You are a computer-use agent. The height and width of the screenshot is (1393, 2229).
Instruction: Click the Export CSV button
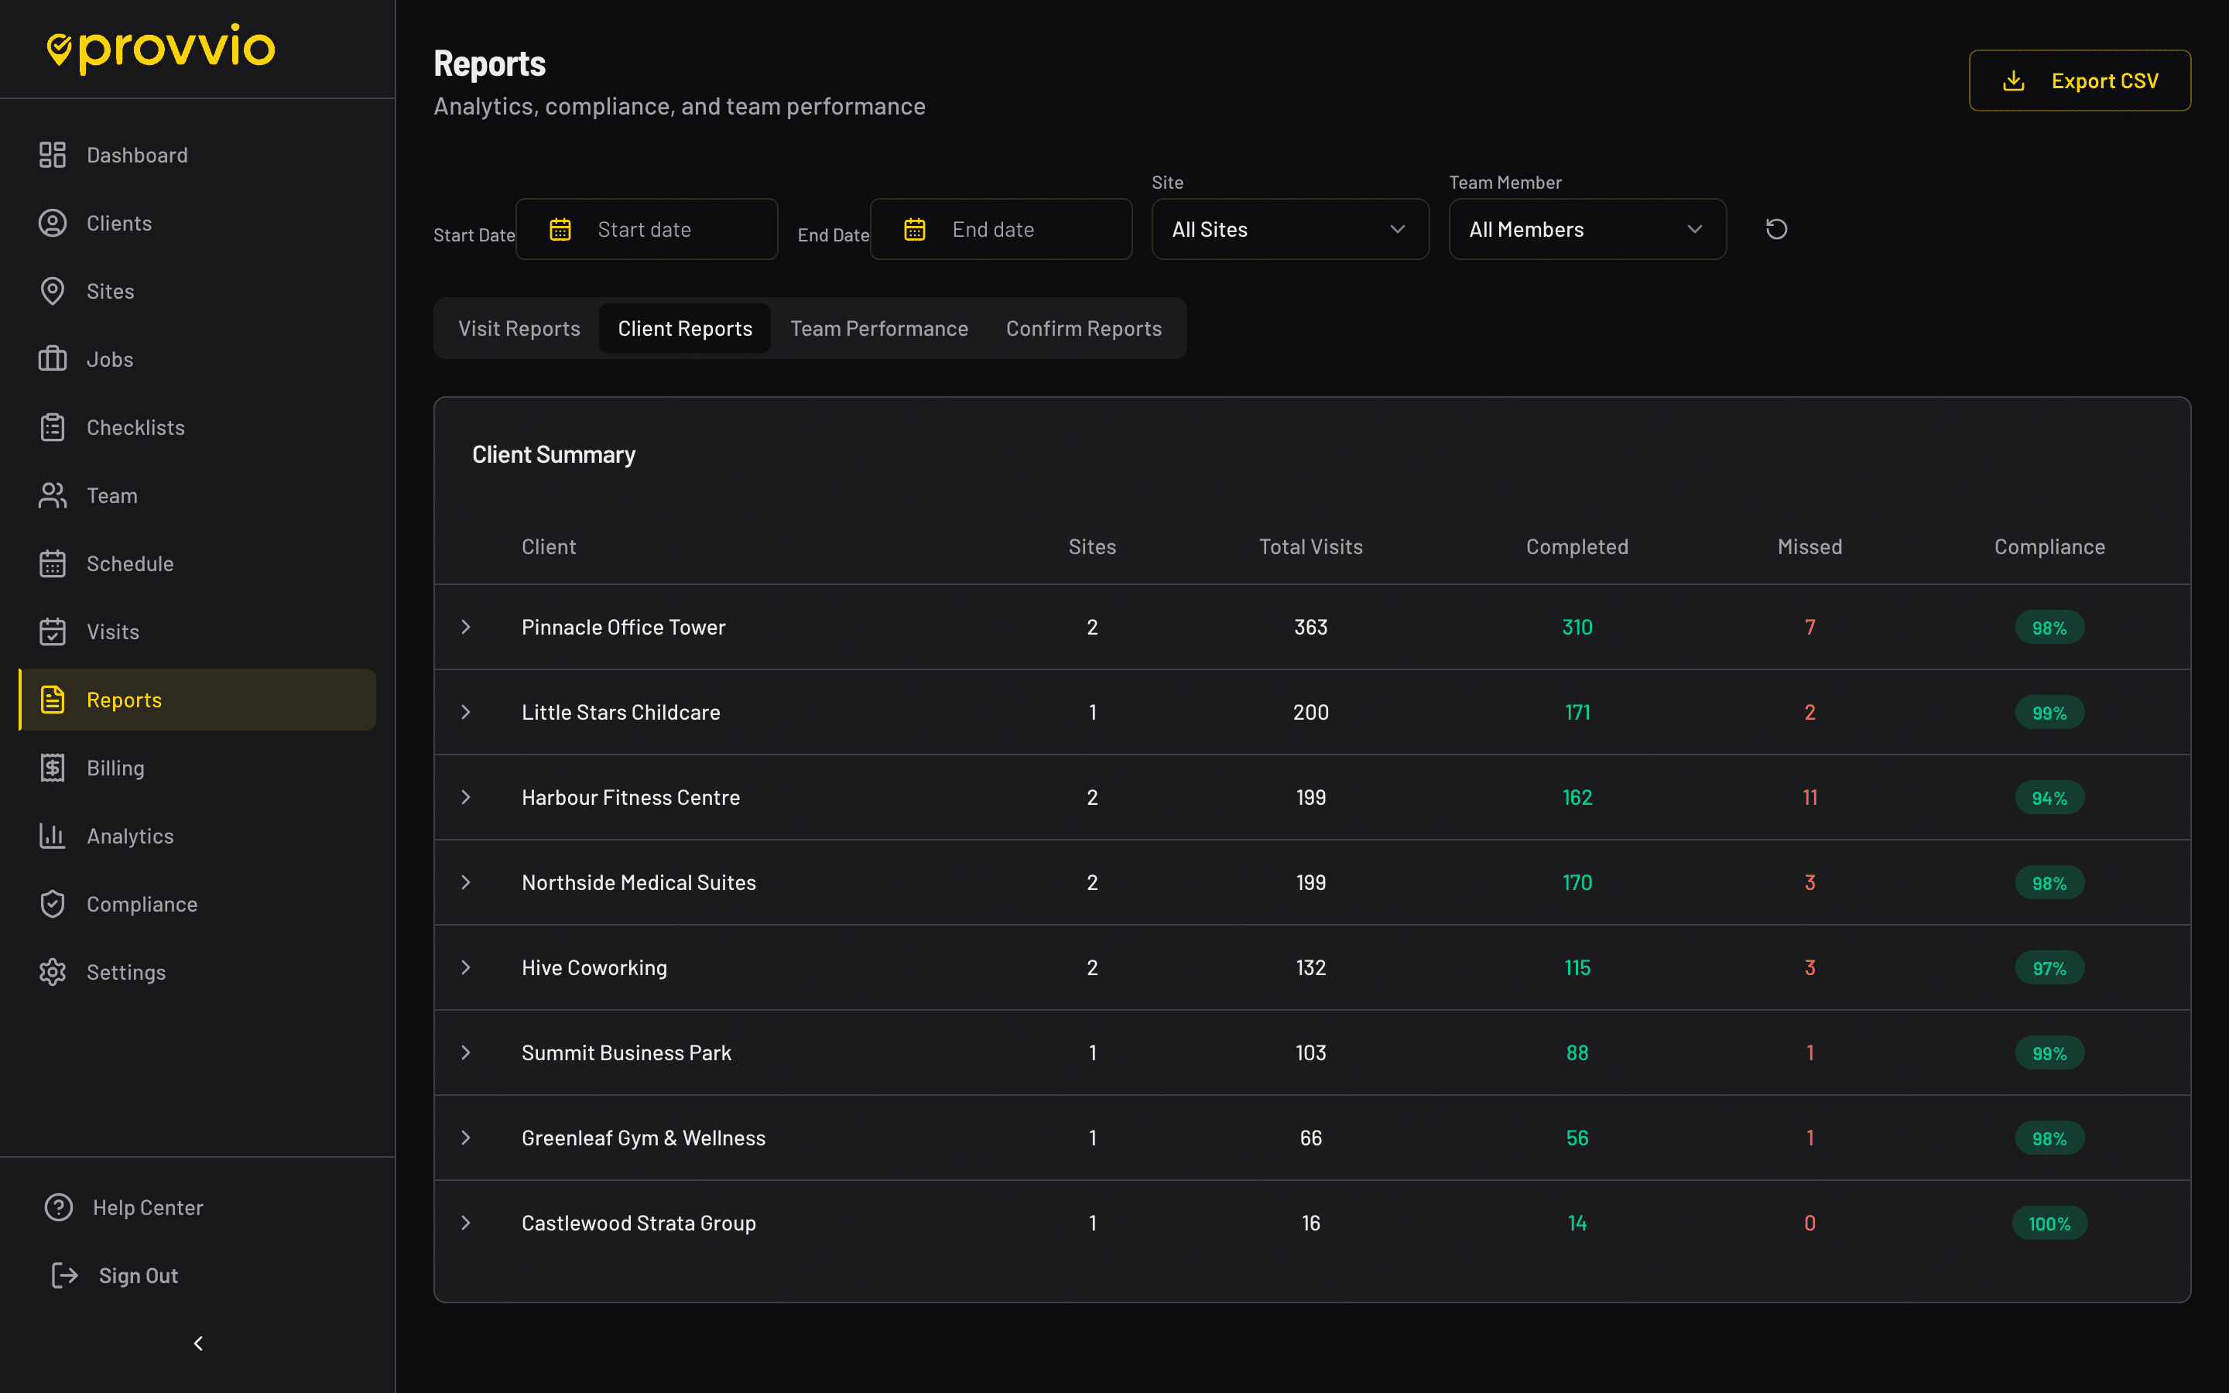[x=2079, y=81]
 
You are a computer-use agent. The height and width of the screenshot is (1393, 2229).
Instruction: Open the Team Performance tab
[x=878, y=329]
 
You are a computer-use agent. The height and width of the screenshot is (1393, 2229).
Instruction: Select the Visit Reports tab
[x=519, y=329]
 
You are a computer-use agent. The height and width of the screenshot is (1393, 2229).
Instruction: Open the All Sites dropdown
[x=1289, y=229]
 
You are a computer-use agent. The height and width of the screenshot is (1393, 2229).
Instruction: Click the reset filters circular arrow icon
[x=1775, y=229]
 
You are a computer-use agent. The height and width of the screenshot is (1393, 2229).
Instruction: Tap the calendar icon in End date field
[x=915, y=229]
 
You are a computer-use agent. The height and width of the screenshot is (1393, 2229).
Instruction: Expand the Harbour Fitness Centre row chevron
[x=466, y=798]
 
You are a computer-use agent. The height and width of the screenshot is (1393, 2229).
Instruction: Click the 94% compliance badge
[x=2049, y=798]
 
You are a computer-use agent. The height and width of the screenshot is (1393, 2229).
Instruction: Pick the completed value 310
[x=1577, y=628]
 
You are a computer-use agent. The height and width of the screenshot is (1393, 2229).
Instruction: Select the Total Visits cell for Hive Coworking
[x=1310, y=968]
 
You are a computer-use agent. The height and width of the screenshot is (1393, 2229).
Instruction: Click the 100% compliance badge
[x=2049, y=1224]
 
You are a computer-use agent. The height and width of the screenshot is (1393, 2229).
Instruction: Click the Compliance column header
[x=2049, y=547]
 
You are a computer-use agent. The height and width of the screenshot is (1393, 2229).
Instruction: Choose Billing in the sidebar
[x=115, y=768]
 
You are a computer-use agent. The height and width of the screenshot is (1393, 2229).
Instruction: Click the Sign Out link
[x=139, y=1276]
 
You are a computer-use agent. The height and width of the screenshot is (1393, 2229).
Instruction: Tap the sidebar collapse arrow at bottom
[x=198, y=1344]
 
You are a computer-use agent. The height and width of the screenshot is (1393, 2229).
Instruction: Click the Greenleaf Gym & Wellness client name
[x=643, y=1138]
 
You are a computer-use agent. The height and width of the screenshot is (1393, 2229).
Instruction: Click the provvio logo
[x=162, y=48]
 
